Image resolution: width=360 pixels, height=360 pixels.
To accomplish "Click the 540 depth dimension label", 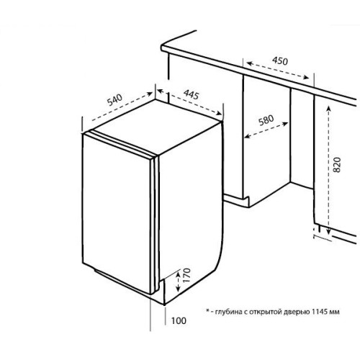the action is coord(115,100).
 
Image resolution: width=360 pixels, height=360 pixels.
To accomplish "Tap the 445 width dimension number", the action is coord(192,94).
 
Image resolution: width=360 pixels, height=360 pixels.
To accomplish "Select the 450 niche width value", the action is coord(280,61).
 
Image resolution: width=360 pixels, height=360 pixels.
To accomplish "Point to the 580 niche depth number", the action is coord(266,120).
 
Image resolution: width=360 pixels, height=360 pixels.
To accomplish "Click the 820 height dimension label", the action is coord(337,165).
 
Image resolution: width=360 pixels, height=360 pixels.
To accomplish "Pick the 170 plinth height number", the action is coord(186,275).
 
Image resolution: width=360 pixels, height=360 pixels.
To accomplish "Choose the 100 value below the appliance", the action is coord(179,320).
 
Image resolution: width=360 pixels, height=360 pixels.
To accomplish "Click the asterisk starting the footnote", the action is coord(208,311).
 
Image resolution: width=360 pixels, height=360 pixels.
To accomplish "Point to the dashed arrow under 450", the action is coord(278,70).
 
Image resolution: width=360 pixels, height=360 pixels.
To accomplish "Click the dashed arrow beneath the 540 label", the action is coord(122,107).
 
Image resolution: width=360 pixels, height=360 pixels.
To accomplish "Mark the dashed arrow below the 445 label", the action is coord(189,102).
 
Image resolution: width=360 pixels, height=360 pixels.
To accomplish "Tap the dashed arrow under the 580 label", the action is coord(266,130).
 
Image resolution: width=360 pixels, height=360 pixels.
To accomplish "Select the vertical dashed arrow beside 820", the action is coord(328,170).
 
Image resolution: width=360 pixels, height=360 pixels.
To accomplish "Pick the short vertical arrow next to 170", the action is coord(178,282).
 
